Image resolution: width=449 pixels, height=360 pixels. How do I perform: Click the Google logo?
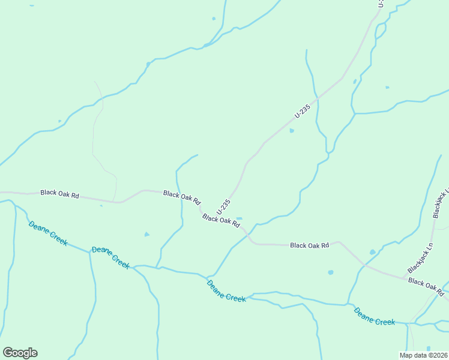coord(20,353)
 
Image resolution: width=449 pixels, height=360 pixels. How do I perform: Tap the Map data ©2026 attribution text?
coord(423,355)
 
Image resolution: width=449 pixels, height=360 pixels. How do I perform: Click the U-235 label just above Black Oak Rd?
coord(224,206)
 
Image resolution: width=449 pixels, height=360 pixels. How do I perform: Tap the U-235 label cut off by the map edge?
coord(381,4)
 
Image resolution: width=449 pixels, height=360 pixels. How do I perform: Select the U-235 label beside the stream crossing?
coord(303,112)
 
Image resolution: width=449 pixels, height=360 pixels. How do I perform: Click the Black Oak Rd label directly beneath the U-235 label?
coord(221,220)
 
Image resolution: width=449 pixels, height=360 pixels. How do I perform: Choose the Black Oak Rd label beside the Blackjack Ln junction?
coord(426,286)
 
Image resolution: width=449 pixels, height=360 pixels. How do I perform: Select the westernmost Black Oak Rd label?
coord(59,194)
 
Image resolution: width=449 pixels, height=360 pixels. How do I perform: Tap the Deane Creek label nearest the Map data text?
coord(375,316)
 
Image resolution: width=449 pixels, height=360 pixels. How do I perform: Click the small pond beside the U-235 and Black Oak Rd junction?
coord(239,218)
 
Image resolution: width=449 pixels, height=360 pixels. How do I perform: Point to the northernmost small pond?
coord(213,18)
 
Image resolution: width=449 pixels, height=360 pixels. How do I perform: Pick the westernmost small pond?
coord(59,121)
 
